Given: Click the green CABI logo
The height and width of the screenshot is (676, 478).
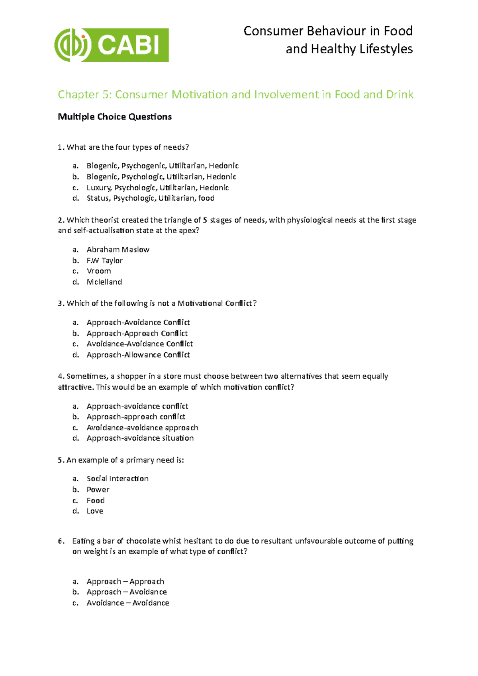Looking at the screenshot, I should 112,45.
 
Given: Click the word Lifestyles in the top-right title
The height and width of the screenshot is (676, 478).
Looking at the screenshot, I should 386,49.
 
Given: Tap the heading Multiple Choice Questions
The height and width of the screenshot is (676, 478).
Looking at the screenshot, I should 115,117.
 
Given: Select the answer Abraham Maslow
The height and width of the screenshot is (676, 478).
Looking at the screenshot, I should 118,250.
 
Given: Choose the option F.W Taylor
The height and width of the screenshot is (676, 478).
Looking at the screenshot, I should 104,260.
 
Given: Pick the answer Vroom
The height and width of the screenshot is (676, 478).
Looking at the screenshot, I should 99,271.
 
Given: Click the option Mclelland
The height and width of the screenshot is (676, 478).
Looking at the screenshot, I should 104,282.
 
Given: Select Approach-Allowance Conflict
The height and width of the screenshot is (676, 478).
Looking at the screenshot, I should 138,355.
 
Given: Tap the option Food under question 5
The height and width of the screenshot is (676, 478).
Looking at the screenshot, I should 96,500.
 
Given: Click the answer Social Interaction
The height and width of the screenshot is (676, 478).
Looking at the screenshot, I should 118,479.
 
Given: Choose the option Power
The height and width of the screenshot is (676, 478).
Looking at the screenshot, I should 98,490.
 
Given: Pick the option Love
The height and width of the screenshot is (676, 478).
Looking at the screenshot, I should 95,511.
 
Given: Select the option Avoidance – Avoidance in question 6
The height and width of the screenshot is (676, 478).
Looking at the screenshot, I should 128,603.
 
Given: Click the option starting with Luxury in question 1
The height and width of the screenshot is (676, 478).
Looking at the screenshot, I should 157,188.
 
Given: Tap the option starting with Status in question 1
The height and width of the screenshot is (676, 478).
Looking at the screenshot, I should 151,198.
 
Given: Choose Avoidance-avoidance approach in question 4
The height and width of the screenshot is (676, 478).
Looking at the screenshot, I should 142,428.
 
